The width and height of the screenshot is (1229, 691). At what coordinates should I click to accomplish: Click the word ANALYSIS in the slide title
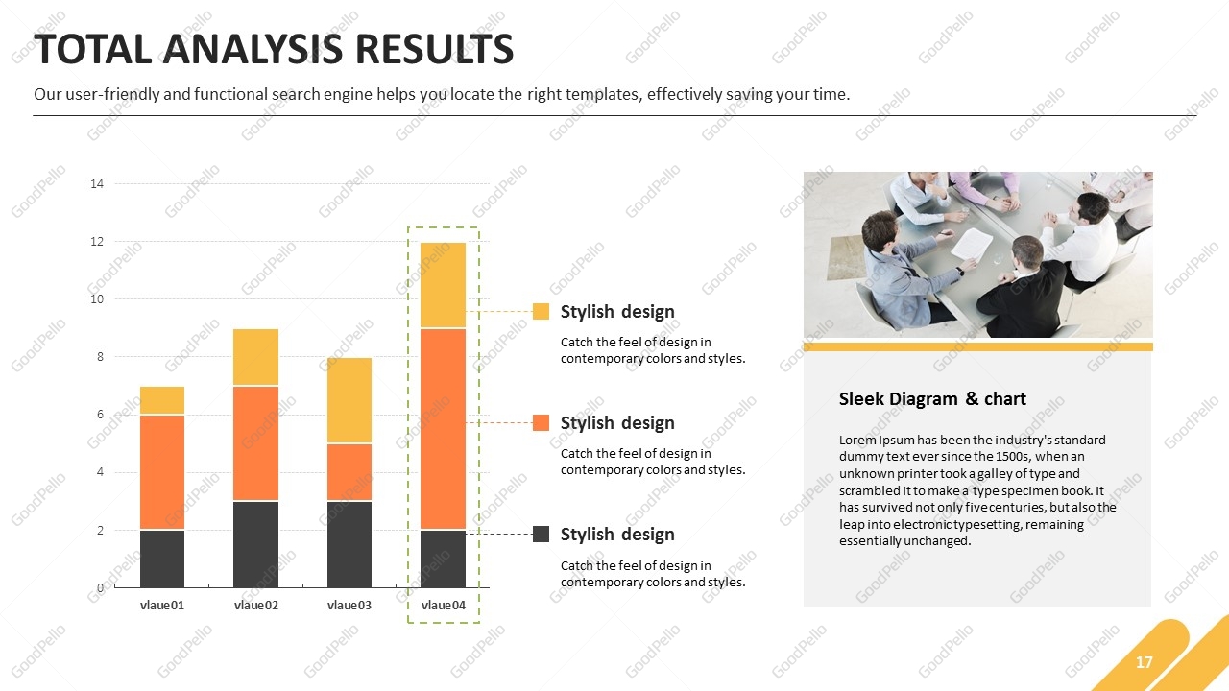[253, 49]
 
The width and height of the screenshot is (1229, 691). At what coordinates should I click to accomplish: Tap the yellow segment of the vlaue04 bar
[443, 285]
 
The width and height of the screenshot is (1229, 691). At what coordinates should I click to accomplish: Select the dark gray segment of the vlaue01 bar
[162, 559]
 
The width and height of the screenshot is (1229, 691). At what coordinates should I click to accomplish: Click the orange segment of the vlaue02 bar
[255, 443]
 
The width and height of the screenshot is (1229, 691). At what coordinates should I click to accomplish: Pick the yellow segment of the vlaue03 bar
[349, 400]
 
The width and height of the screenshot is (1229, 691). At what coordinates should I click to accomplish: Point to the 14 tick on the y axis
[97, 183]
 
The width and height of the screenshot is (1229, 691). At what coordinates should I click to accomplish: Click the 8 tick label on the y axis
[101, 357]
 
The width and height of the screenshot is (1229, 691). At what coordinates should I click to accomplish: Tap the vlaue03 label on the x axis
[349, 605]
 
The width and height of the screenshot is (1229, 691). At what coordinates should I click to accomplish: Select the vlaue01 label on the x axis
[162, 605]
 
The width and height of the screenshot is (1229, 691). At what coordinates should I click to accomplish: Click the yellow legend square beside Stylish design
[541, 312]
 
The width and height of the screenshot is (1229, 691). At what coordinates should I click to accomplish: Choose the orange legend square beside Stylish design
[541, 423]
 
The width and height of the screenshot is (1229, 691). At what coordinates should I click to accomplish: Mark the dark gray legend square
[541, 535]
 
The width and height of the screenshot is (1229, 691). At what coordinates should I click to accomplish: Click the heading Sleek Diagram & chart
[932, 398]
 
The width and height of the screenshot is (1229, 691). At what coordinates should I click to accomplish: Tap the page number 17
[1144, 662]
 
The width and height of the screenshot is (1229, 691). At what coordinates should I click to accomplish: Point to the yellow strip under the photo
[978, 346]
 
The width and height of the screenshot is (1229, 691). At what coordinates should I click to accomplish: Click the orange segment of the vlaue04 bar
[443, 429]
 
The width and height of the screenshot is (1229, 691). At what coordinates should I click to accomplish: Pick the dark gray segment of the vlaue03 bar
[349, 544]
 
